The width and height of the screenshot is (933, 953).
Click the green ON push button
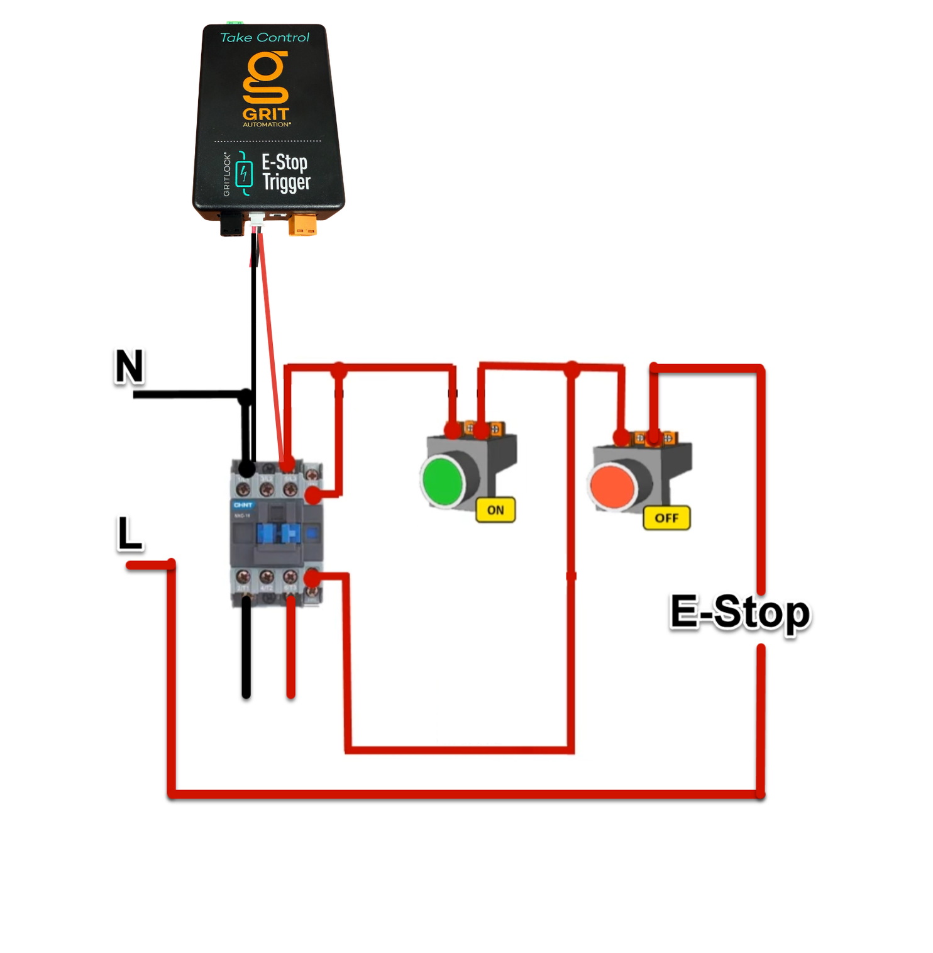pyautogui.click(x=443, y=481)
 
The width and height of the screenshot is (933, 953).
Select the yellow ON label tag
pyautogui.click(x=495, y=510)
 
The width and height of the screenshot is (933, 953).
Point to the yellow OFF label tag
pyautogui.click(x=666, y=518)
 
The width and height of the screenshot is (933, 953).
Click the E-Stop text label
pyautogui.click(x=740, y=611)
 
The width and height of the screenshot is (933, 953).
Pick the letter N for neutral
pyautogui.click(x=129, y=366)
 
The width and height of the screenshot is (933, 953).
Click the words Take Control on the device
pyautogui.click(x=265, y=38)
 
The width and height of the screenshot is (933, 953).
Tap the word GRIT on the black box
pyautogui.click(x=266, y=114)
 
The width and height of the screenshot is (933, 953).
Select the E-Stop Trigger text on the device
pyautogui.click(x=285, y=172)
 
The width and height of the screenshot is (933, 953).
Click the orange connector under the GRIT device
pyautogui.click(x=302, y=225)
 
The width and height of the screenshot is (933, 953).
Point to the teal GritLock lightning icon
pyautogui.click(x=244, y=174)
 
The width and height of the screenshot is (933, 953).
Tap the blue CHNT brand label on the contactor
pyautogui.click(x=243, y=504)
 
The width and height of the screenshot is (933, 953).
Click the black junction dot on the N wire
pyautogui.click(x=246, y=396)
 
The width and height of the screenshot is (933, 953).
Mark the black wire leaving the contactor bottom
pyautogui.click(x=246, y=648)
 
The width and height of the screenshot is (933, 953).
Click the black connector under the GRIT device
pyautogui.click(x=231, y=223)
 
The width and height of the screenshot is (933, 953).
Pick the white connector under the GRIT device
pyautogui.click(x=257, y=221)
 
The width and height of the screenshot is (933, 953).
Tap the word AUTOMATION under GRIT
pyautogui.click(x=267, y=125)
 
